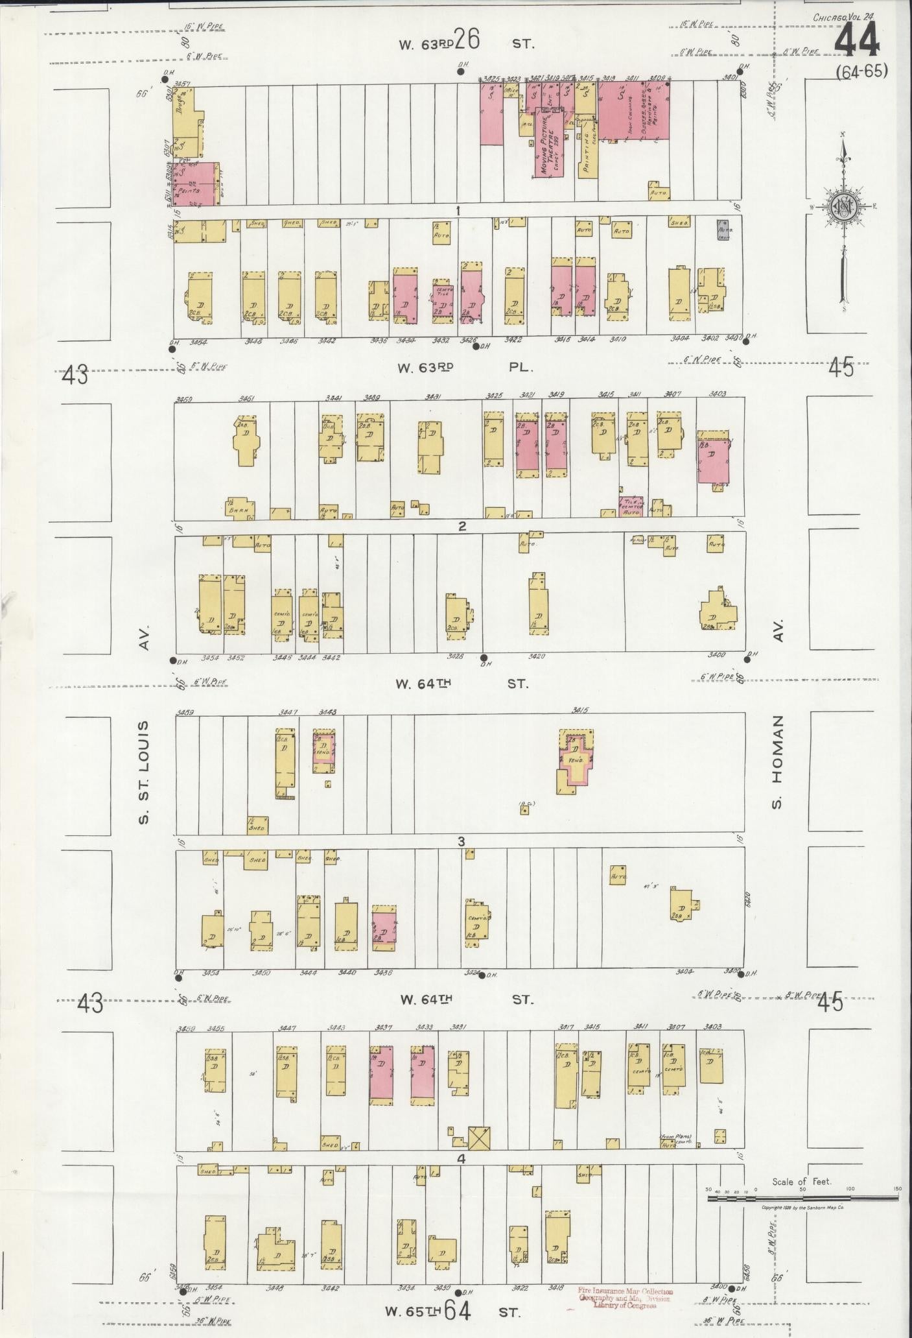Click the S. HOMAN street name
778,762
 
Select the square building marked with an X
479,1138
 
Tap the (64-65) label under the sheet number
861,71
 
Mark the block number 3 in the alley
462,842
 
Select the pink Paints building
198,185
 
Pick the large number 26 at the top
466,41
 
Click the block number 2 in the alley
462,526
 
